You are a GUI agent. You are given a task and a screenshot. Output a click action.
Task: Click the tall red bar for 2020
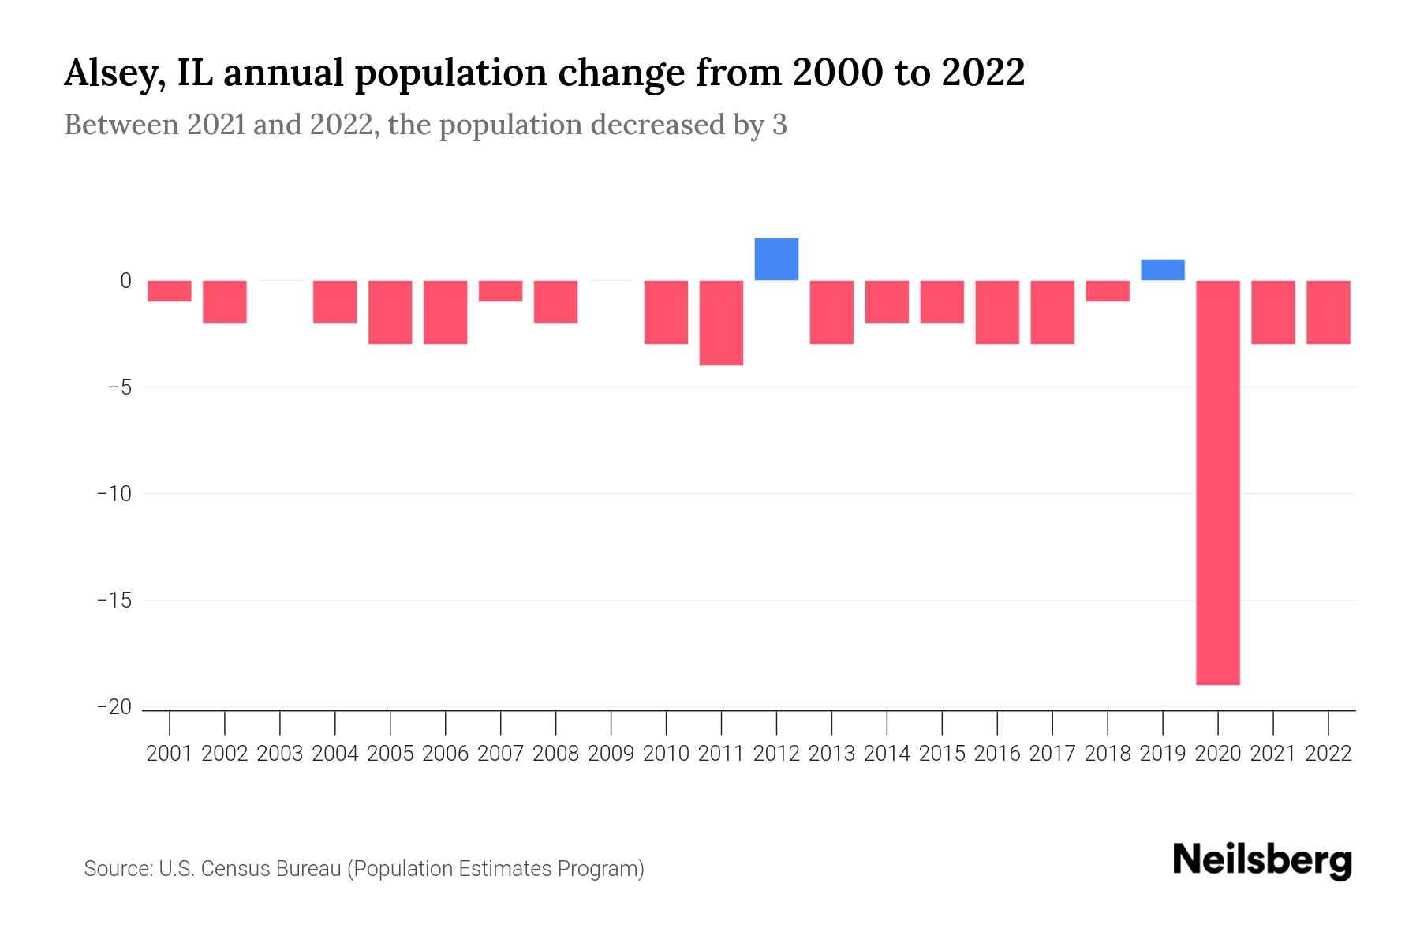click(1218, 481)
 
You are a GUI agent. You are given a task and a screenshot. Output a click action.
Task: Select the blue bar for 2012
click(776, 259)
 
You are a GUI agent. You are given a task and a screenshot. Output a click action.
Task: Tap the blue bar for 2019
click(1163, 270)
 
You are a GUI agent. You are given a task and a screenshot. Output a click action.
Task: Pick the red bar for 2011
click(721, 323)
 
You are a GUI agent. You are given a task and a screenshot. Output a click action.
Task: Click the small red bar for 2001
click(170, 291)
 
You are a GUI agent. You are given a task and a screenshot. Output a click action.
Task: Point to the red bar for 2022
click(1328, 313)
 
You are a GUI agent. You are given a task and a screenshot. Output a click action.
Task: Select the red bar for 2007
click(500, 291)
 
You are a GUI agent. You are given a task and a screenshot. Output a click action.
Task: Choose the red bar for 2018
click(1108, 291)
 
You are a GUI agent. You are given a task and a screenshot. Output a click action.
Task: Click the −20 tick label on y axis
click(114, 707)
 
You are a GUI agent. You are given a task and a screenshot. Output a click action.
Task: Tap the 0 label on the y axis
click(125, 281)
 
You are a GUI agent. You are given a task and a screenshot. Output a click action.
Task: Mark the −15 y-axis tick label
click(114, 601)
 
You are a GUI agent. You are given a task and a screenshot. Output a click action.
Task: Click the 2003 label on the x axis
click(280, 754)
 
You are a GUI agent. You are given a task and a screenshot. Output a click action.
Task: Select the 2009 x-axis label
click(611, 754)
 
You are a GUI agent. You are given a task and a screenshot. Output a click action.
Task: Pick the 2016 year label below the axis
click(997, 754)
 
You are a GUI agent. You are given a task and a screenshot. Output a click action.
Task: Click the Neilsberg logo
click(1262, 860)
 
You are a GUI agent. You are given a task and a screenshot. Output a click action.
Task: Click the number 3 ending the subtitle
click(779, 125)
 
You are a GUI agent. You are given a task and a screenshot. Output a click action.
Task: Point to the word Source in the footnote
click(117, 869)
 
